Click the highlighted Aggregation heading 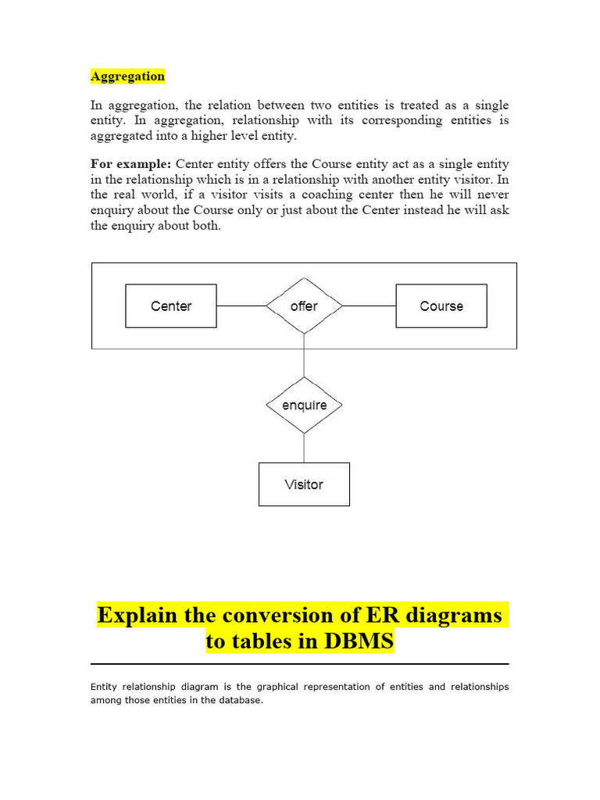point(127,77)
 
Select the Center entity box point(171,306)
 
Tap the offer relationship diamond point(304,306)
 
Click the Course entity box point(441,306)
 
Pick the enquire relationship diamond point(304,405)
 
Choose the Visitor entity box point(304,484)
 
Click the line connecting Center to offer point(241,306)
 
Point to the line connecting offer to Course point(369,306)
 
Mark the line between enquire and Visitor point(304,448)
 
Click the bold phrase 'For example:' point(131,164)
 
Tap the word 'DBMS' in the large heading point(356,642)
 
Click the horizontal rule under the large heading point(300,664)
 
